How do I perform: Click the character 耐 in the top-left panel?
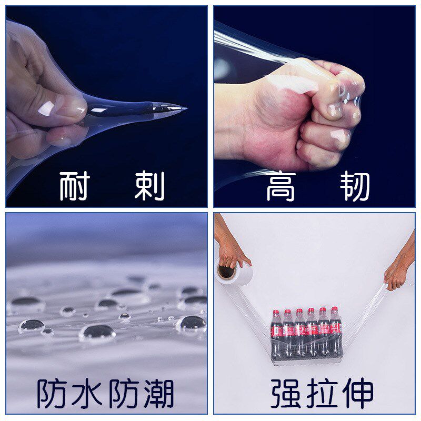coord(74,186)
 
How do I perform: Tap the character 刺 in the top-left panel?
coord(149,186)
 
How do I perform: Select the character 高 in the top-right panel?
coord(281,187)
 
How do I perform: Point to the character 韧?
coord(355,187)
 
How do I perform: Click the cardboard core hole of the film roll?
coord(226,272)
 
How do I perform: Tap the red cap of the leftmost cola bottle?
coord(275,313)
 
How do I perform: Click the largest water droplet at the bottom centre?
coord(97,332)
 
